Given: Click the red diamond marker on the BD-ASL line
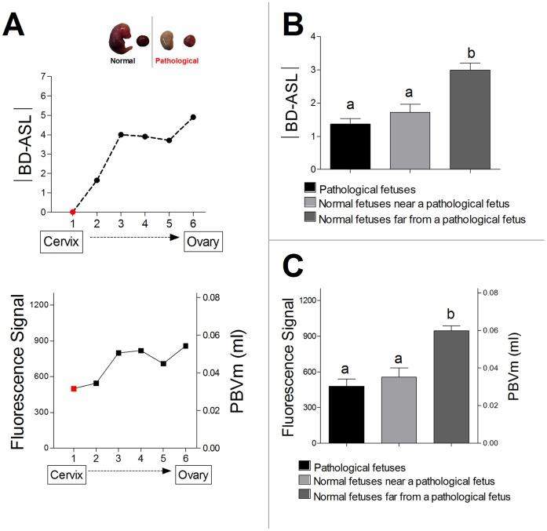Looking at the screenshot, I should (x=73, y=212).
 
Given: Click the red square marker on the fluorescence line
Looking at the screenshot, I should (x=74, y=388).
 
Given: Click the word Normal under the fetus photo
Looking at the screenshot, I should (x=122, y=60).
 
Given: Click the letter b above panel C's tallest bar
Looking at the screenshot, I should (x=468, y=311).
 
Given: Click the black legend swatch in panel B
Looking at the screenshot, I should (x=310, y=187).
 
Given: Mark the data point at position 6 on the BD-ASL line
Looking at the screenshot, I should (x=193, y=117).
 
